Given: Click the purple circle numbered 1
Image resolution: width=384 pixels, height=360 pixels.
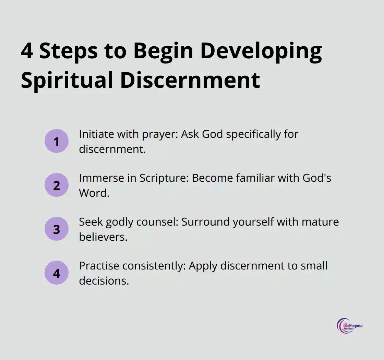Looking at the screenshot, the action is (57, 141).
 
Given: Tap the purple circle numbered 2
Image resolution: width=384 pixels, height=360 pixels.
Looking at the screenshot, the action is (57, 185).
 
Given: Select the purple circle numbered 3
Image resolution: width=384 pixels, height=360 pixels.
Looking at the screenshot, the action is (57, 229).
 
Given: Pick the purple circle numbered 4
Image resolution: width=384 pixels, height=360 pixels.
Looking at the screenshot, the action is (57, 273).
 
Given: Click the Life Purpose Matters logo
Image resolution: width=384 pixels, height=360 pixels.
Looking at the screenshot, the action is (349, 326).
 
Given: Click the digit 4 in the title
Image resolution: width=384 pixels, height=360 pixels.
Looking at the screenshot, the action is (27, 51).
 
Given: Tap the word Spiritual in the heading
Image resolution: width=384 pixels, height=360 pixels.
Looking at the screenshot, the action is (67, 80).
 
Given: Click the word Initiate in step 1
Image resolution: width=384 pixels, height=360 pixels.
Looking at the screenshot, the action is (96, 134).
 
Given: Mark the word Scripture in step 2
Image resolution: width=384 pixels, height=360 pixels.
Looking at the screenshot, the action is (164, 179).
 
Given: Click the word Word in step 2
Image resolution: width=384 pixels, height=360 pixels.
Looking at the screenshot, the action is (94, 193).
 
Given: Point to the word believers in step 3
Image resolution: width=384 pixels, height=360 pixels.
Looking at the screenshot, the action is (103, 237).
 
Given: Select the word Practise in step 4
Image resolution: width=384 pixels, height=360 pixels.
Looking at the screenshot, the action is (99, 266).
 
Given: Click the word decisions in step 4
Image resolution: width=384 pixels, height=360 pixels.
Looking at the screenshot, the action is (104, 281).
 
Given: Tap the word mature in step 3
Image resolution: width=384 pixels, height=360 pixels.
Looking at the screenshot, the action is (320, 222).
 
